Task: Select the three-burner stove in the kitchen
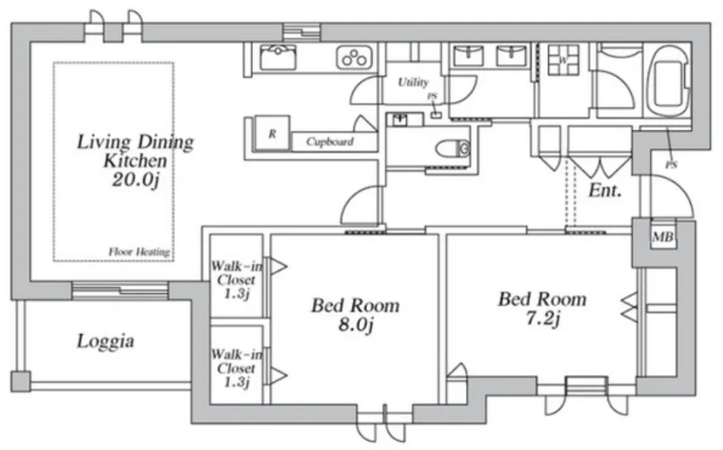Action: (354, 58)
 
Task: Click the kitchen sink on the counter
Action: (278, 57)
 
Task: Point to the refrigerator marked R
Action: (272, 133)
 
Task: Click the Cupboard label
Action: (330, 142)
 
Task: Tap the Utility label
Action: (413, 82)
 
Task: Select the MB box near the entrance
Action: (663, 237)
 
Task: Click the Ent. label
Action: (605, 190)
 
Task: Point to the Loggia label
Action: (106, 342)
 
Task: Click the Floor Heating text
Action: (139, 252)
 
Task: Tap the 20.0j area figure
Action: (135, 180)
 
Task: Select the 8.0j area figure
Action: (355, 325)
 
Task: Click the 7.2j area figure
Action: (543, 318)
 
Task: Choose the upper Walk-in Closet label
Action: (237, 279)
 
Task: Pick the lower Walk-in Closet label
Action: (236, 369)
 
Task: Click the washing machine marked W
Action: (563, 60)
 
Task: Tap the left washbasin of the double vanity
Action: (469, 56)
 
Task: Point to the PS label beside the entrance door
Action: (671, 164)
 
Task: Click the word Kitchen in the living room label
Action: (135, 161)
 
